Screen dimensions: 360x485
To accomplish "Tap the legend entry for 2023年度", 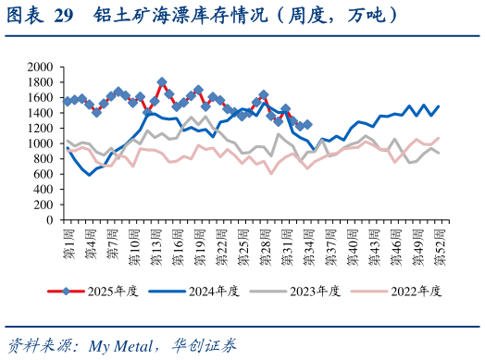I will tap(316, 291).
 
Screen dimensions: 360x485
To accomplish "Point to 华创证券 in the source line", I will tap(205, 346).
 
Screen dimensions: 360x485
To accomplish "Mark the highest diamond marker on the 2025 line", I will tap(162, 82).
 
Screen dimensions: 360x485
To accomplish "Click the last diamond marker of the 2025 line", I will tap(307, 124).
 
